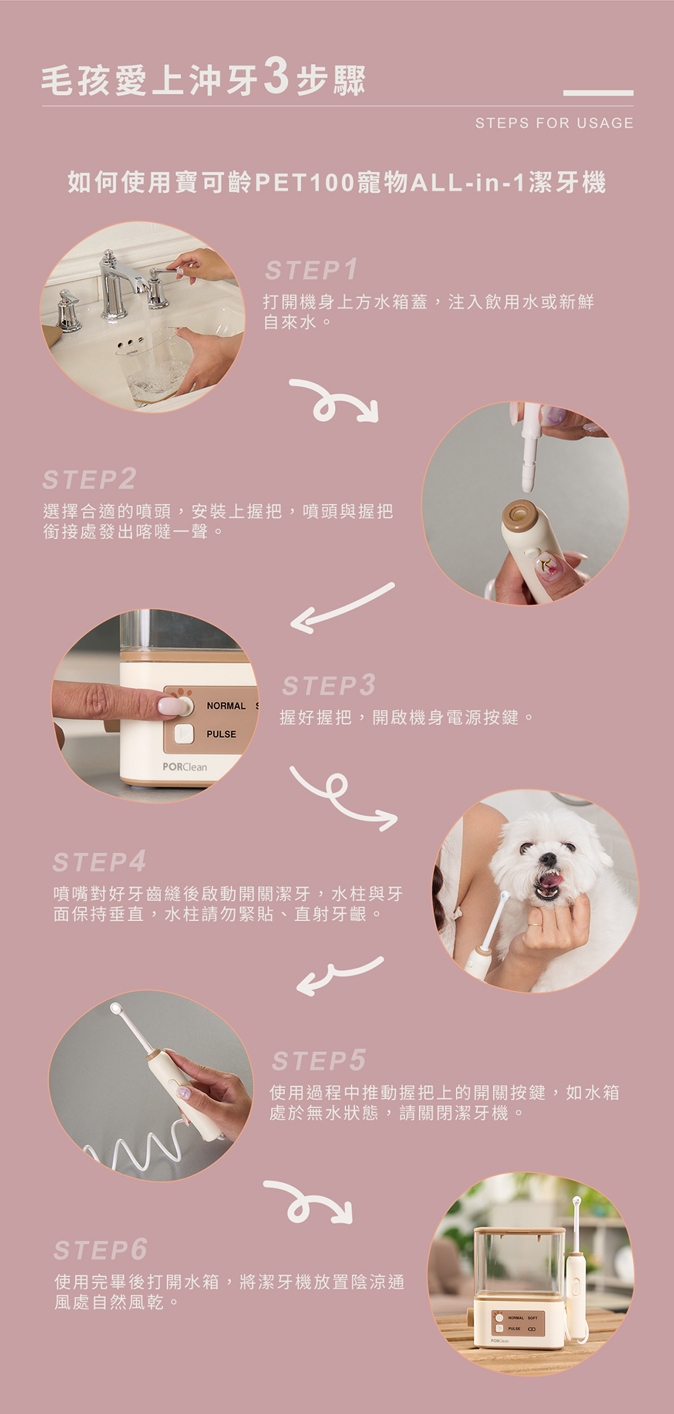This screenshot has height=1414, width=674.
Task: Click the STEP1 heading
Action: pos(311,270)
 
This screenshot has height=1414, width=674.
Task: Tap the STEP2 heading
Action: pos(89,479)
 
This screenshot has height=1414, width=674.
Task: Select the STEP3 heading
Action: pos(328,685)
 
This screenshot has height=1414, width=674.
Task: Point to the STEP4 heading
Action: pos(99,861)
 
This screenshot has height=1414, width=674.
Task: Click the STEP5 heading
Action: pos(319,1060)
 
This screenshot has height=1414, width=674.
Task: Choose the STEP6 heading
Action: pos(100,1250)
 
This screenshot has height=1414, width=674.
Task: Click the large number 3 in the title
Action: pos(276,76)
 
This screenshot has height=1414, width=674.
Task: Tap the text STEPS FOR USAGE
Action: pos(554,123)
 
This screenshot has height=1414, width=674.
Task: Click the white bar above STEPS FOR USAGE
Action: pos(598,93)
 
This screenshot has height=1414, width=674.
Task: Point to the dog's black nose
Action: pos(549,859)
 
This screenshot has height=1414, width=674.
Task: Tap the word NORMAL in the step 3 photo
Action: pos(226,706)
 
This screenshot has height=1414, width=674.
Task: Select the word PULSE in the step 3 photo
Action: pos(221,734)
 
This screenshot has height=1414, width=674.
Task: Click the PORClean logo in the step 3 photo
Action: pos(185,767)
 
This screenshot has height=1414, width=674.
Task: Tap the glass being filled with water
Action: pos(154,364)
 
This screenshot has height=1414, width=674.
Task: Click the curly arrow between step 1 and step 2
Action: pos(334,400)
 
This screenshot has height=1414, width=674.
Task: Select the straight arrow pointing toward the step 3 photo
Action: pos(342,608)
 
